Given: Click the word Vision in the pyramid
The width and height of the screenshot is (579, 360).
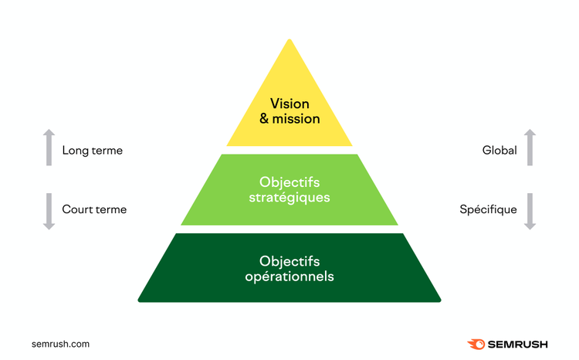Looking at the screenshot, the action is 289,104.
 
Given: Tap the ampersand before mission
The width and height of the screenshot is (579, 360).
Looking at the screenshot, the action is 264,119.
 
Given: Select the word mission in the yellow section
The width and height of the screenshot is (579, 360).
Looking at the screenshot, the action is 296,119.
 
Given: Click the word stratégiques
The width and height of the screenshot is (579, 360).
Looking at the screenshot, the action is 289,197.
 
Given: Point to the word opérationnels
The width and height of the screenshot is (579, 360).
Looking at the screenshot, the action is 289,277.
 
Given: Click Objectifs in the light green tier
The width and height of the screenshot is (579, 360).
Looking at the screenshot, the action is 289,182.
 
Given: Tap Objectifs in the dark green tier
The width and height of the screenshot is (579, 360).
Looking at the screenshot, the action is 289,261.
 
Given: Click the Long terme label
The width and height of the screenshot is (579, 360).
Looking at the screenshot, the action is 93,151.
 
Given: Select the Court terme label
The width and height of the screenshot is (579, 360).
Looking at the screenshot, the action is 94,209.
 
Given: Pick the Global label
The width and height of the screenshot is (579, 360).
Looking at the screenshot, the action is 499,150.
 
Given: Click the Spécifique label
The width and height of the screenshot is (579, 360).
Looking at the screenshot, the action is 488,209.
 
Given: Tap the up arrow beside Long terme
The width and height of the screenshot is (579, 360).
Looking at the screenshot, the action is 49,147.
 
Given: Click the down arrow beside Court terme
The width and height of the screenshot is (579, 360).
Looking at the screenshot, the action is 49,212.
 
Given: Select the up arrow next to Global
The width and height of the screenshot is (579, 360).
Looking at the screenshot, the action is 530,147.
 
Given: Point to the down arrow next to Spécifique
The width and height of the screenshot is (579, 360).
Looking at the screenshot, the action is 530,212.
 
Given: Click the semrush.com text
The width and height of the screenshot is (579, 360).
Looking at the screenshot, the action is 60,344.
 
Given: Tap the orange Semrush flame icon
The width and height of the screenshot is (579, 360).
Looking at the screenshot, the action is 476,344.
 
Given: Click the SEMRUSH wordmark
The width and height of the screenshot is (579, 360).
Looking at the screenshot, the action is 518,345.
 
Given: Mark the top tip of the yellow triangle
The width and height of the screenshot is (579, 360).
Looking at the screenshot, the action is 289,39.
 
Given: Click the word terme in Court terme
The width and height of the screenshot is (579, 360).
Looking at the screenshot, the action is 110,209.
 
